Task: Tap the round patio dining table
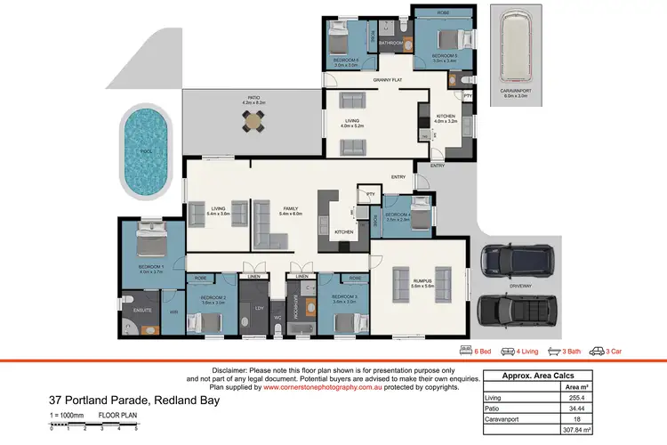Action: pyautogui.click(x=254, y=119)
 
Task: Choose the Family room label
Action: pyautogui.click(x=291, y=207)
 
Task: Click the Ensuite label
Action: pyautogui.click(x=144, y=310)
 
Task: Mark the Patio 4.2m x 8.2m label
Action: pyautogui.click(x=254, y=101)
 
